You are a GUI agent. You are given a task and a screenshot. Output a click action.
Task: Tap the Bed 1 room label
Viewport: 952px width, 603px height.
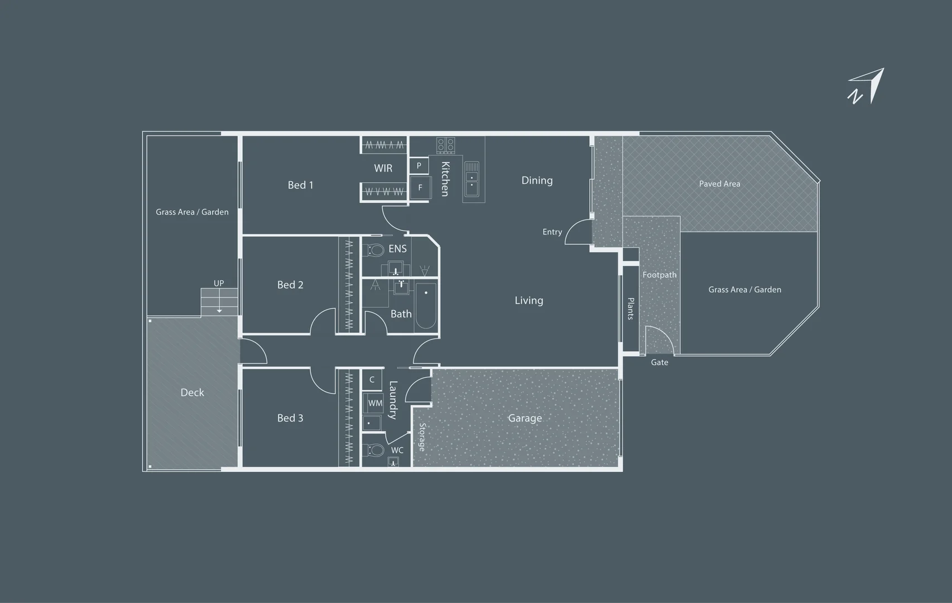300,185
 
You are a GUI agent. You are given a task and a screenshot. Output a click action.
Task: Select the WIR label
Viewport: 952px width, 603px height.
383,168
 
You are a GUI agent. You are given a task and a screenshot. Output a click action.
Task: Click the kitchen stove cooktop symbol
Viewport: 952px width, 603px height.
446,145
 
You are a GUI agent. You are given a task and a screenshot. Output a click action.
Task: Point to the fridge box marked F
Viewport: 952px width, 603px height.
420,187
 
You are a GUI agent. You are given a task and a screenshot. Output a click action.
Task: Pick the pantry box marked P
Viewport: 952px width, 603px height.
419,165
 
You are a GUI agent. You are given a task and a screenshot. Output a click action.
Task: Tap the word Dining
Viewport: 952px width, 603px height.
537,180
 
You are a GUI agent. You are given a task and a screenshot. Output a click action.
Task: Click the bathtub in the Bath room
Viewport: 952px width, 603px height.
426,306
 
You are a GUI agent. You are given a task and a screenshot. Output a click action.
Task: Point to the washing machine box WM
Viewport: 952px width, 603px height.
373,403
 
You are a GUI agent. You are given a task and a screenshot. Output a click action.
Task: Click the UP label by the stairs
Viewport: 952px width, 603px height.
219,283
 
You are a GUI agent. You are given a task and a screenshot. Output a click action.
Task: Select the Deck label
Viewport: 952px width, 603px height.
192,393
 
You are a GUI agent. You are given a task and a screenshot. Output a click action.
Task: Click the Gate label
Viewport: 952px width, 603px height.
660,362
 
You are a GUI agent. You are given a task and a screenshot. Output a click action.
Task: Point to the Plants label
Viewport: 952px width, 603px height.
631,308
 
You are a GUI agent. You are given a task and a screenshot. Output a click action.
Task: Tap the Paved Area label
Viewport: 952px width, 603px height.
719,184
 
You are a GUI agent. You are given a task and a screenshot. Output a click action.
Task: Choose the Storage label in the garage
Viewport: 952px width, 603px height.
422,437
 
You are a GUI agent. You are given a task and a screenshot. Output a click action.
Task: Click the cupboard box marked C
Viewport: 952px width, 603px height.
372,380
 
